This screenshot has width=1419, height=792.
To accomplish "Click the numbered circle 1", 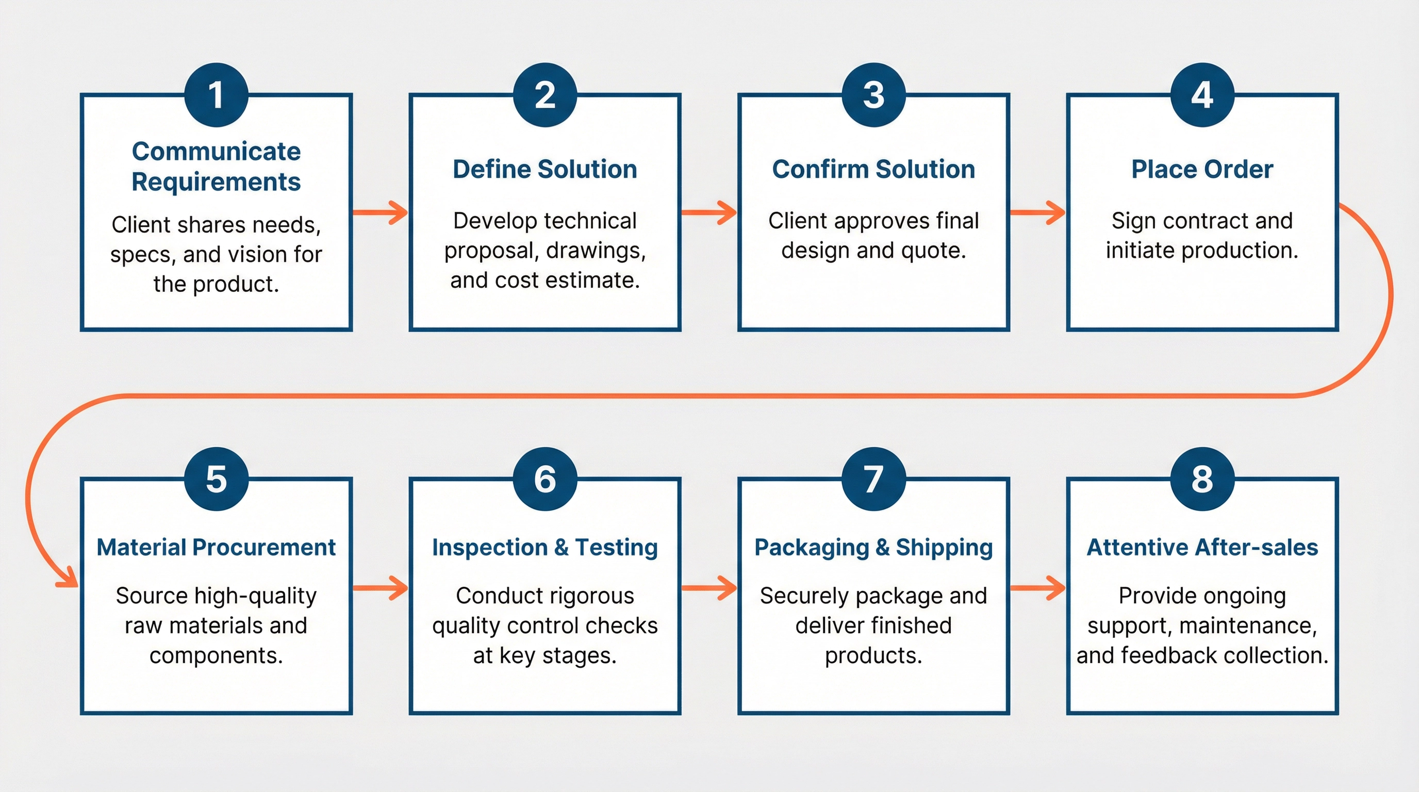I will [x=216, y=95].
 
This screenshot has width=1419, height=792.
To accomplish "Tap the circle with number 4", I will [x=1202, y=95].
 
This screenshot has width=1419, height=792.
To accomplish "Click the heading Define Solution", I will [x=545, y=169].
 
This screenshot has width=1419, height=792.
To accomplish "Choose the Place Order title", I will [x=1202, y=169].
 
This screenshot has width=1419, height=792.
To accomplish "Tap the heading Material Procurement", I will [x=216, y=548].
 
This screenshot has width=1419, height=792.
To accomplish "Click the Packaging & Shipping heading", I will [x=873, y=548].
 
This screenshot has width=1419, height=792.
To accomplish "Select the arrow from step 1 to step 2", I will [x=380, y=212].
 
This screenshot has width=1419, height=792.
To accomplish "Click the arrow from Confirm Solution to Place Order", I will [x=1037, y=212].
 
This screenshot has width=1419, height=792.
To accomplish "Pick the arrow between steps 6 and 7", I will [x=709, y=588].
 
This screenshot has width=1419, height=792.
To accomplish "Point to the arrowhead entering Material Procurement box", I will [x=69, y=581].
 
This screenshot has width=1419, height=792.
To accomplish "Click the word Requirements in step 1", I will [x=216, y=181].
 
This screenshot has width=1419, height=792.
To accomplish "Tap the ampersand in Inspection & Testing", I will [x=562, y=548].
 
